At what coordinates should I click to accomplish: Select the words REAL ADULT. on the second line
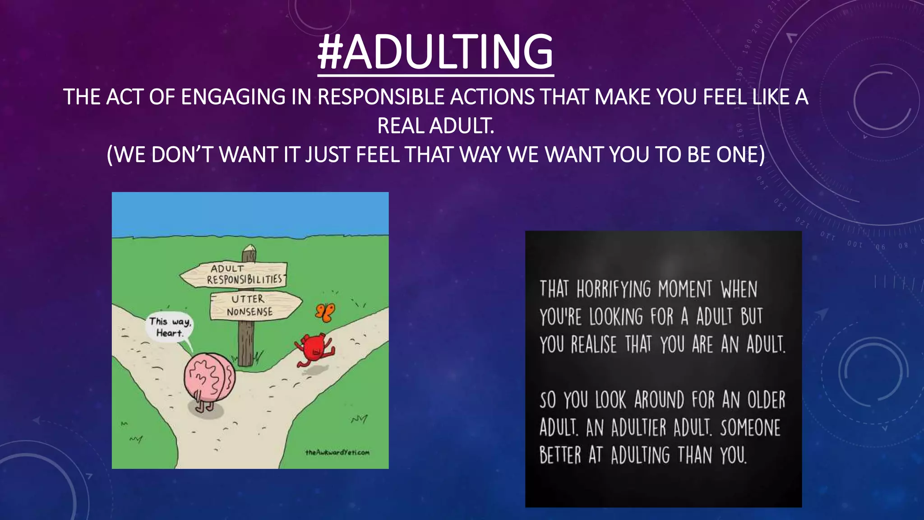tap(435, 126)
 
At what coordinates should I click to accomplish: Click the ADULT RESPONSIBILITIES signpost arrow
tap(234, 274)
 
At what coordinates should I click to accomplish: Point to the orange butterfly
tap(325, 312)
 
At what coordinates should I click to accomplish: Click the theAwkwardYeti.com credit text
tap(337, 452)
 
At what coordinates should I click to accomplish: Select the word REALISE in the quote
tap(593, 345)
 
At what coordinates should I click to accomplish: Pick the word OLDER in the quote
tap(766, 400)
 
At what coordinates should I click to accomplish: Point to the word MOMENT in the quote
tap(685, 289)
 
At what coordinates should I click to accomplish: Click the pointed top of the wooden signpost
tap(249, 249)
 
